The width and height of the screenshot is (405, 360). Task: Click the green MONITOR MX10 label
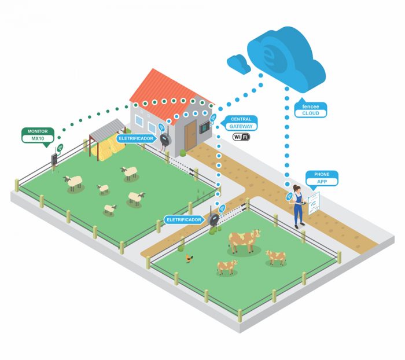[x=38, y=135]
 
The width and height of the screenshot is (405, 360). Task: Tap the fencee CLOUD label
[x=311, y=109]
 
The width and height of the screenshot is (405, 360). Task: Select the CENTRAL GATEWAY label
[x=241, y=123]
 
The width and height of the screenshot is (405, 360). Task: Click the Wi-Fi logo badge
[x=241, y=137]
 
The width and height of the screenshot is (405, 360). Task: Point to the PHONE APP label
[x=322, y=178]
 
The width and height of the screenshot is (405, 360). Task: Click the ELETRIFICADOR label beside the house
[x=137, y=138]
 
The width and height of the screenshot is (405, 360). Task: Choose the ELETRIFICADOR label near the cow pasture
[x=184, y=220]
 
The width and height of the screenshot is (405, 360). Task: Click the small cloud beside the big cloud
[x=238, y=64]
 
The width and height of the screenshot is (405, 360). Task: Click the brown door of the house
[x=190, y=135]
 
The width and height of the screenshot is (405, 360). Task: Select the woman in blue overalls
[x=298, y=207]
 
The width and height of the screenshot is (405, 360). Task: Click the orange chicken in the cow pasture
[x=189, y=258]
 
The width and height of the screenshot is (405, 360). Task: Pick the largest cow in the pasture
[x=244, y=241]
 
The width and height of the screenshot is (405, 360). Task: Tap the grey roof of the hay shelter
[x=107, y=128]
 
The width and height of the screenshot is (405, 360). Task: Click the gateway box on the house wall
[x=204, y=127]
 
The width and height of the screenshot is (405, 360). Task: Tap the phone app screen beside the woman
[x=314, y=203]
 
